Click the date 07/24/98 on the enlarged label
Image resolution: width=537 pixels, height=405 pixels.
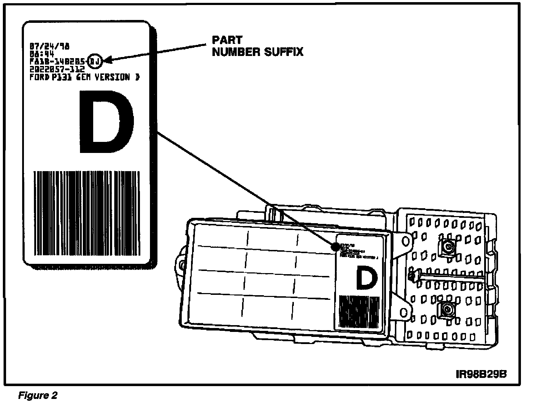click(50, 46)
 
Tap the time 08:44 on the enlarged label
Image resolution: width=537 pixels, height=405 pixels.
click(42, 54)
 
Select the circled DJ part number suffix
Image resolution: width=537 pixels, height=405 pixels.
click(95, 61)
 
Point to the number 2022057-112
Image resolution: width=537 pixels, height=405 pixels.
click(57, 69)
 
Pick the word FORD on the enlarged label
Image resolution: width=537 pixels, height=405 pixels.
click(39, 77)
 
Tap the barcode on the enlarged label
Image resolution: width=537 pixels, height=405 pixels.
click(87, 213)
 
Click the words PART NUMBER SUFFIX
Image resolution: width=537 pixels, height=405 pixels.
click(257, 46)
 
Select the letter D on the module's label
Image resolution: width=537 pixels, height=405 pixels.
click(367, 279)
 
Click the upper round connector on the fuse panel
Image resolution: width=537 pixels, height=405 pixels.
click(448, 247)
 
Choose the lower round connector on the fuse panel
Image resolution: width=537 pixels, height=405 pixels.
click(446, 309)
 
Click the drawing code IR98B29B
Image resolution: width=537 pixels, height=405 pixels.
click(481, 374)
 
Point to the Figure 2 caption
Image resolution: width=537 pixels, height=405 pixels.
click(37, 395)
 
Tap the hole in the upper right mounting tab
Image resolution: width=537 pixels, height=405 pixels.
click(406, 241)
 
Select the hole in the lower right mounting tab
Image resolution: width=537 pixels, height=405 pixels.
click(404, 312)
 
